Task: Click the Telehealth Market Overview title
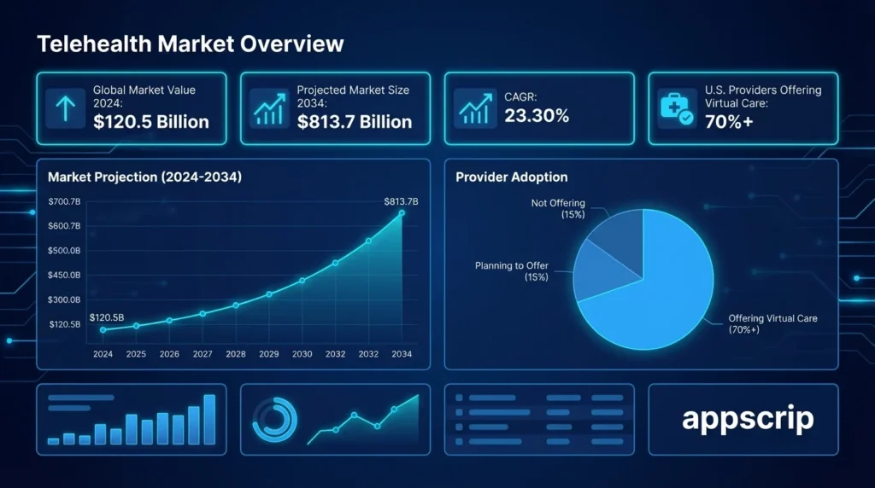191,44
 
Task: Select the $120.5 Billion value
151,122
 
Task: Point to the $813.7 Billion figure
355,122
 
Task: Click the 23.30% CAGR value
537,116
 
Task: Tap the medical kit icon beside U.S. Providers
676,107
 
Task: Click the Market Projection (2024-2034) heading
144,177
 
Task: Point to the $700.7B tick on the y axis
65,201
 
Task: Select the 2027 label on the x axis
203,354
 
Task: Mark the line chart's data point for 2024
103,330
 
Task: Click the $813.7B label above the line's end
401,201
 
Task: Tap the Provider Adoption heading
511,177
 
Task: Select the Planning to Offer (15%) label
512,271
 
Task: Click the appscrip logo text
748,419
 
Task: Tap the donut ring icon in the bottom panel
274,419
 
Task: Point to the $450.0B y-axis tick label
65,275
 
